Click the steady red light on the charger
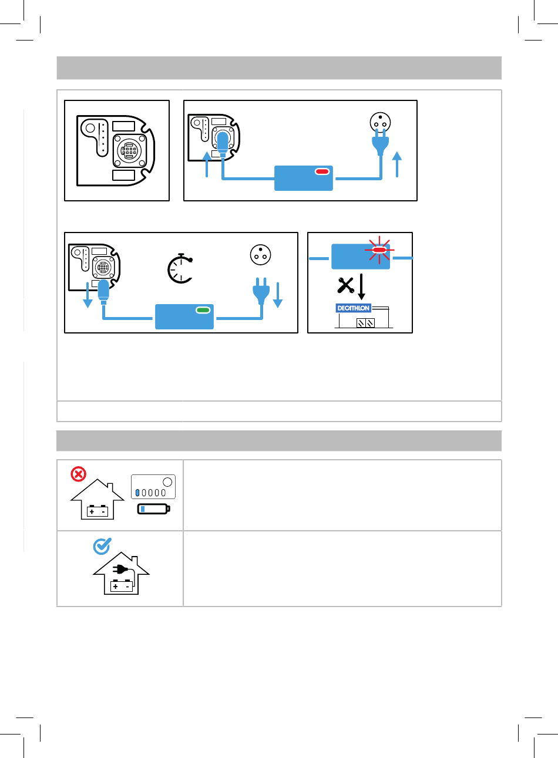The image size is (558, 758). pyautogui.click(x=322, y=171)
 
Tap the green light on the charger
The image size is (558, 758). pyautogui.click(x=203, y=310)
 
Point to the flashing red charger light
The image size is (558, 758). pyautogui.click(x=379, y=250)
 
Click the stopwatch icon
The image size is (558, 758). pyautogui.click(x=180, y=268)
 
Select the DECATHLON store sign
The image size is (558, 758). pyautogui.click(x=353, y=308)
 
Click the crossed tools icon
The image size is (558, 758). pyautogui.click(x=346, y=285)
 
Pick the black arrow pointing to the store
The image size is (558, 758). pyautogui.click(x=361, y=287)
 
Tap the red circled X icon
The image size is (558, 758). pyautogui.click(x=78, y=474)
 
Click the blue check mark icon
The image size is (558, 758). pyautogui.click(x=102, y=546)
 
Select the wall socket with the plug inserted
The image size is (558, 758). pyautogui.click(x=380, y=122)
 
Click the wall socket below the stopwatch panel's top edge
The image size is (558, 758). pyautogui.click(x=260, y=255)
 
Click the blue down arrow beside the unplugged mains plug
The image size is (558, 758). pyautogui.click(x=278, y=295)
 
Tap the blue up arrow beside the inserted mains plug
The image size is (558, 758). pyautogui.click(x=397, y=164)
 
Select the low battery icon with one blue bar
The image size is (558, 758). pyautogui.click(x=154, y=509)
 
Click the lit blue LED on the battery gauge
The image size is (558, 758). pyautogui.click(x=137, y=493)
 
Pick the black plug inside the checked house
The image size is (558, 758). pyautogui.click(x=120, y=570)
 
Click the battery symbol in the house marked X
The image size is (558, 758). pyautogui.click(x=98, y=511)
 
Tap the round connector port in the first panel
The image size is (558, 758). pyautogui.click(x=129, y=151)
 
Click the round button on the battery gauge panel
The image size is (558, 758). pyautogui.click(x=167, y=482)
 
